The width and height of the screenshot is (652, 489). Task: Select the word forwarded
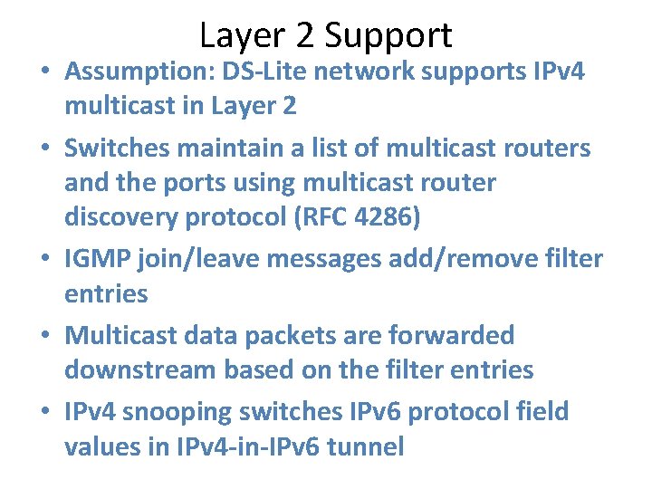click(451, 336)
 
